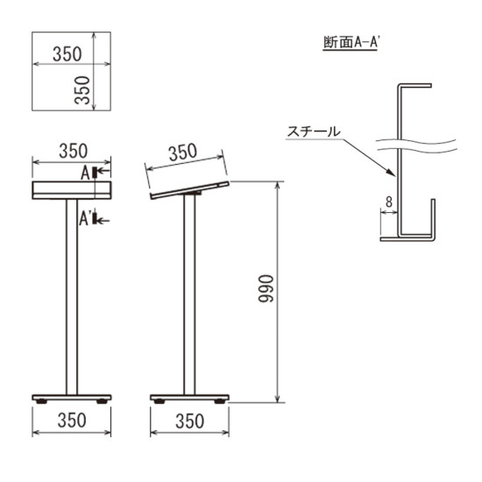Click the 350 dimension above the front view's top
(x=72, y=150)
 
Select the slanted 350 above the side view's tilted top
(x=182, y=153)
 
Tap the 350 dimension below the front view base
(x=72, y=422)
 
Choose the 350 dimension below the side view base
(x=189, y=422)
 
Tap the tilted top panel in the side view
(x=190, y=189)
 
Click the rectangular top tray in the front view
(x=72, y=189)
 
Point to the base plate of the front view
(x=72, y=395)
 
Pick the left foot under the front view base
(x=41, y=401)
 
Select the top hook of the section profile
(x=415, y=86)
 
